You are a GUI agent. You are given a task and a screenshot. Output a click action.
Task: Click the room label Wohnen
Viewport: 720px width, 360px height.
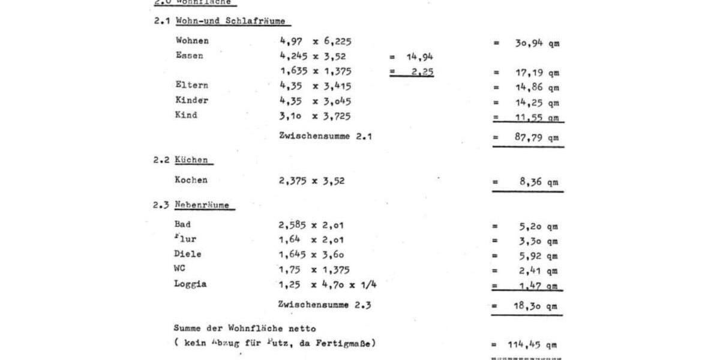coord(193,41)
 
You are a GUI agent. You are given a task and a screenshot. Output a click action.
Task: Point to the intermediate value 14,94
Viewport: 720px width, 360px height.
coord(419,58)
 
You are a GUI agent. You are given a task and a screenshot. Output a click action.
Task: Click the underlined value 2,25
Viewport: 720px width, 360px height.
coord(419,72)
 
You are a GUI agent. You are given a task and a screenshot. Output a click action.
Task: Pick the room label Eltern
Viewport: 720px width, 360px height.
coord(192,85)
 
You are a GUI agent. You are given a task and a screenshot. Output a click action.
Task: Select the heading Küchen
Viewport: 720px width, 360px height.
coord(192,160)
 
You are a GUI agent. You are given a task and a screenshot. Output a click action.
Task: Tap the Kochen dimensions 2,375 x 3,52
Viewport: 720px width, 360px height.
coord(311,180)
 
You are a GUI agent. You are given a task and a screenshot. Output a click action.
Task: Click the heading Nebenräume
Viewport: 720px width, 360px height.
coord(202,205)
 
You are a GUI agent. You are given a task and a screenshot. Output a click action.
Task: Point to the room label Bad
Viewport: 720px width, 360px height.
coord(182,224)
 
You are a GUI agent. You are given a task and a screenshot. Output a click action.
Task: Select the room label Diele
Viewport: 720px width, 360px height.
coord(188,254)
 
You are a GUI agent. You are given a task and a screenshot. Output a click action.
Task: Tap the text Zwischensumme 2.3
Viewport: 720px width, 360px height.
coord(325,304)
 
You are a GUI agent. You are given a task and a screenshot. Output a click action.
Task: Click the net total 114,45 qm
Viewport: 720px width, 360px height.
coord(533,344)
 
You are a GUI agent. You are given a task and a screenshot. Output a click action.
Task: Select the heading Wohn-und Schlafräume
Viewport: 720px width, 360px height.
coord(230,22)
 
